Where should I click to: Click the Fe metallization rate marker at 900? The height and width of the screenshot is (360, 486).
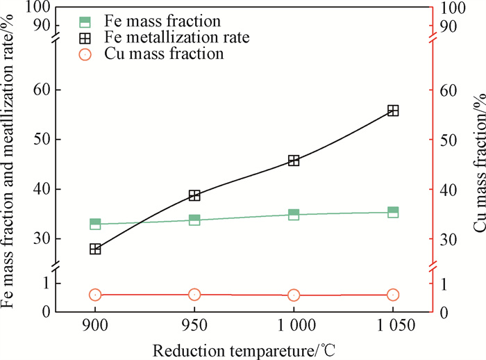click(x=95, y=249)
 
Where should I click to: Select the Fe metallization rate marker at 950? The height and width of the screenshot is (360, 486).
click(x=194, y=195)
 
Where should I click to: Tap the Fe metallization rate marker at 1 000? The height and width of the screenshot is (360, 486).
click(x=294, y=161)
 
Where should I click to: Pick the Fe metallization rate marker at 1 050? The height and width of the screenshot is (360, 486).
click(x=393, y=111)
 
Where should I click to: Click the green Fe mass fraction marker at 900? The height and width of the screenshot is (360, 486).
click(x=95, y=224)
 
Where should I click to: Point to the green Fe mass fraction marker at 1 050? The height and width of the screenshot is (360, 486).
click(x=393, y=212)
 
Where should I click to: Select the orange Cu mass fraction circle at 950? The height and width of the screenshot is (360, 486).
click(x=194, y=295)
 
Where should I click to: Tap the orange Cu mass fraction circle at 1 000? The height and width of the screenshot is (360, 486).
click(x=294, y=295)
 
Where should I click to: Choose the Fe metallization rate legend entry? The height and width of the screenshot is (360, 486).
click(x=164, y=38)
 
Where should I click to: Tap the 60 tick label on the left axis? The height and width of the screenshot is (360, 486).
click(x=44, y=90)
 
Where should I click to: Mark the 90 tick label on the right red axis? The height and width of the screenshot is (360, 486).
click(x=447, y=26)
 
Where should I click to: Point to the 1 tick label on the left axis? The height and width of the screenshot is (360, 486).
click(x=47, y=283)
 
